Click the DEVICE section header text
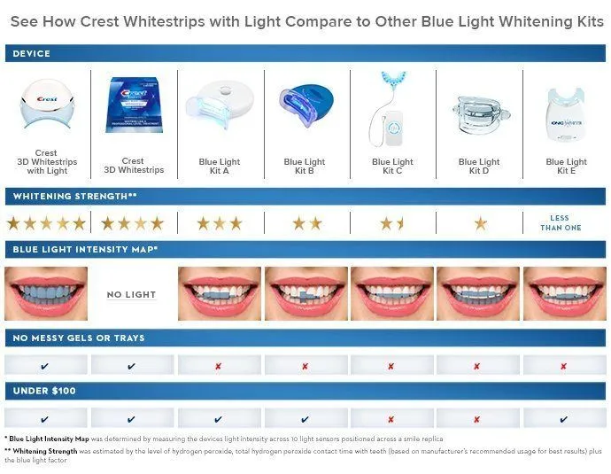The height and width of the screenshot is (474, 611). (32, 54)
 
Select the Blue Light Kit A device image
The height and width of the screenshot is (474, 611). (219, 105)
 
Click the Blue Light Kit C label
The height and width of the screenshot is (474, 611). (392, 167)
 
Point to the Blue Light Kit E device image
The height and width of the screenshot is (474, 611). (566, 111)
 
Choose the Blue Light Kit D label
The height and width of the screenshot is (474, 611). (479, 167)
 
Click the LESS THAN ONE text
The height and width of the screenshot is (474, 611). (561, 223)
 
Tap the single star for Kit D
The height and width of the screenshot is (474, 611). (479, 223)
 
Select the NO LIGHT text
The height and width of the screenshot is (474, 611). (131, 294)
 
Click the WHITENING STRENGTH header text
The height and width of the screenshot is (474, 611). (74, 195)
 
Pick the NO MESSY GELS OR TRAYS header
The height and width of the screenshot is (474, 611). (79, 338)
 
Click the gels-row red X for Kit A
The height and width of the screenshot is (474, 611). (219, 366)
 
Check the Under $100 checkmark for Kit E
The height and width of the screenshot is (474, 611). (564, 419)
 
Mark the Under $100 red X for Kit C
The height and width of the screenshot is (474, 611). (391, 419)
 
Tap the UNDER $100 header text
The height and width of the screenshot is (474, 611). (43, 391)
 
